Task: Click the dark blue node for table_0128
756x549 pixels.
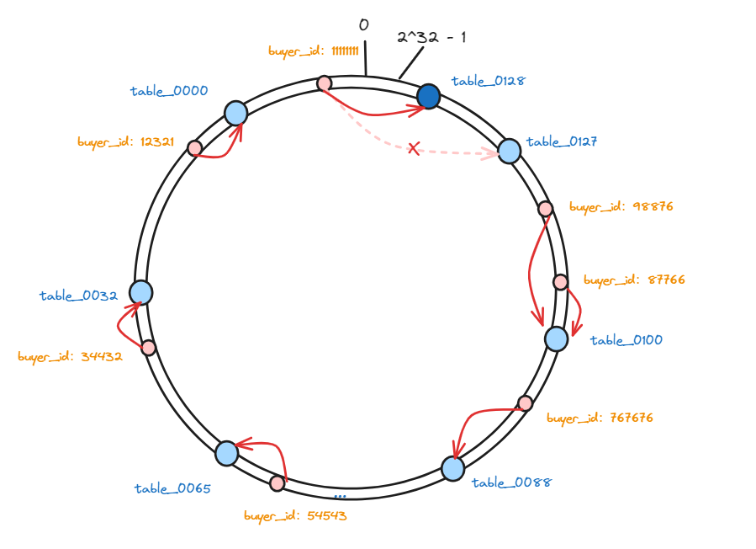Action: tap(429, 96)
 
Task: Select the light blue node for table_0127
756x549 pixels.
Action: tap(509, 151)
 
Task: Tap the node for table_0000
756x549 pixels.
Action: tap(236, 113)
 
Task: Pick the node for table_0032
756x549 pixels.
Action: tap(140, 292)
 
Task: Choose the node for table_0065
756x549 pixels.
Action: tap(226, 453)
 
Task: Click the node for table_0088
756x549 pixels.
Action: tap(452, 468)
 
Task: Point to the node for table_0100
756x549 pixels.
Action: tap(556, 338)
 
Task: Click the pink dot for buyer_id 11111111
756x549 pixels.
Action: tap(324, 83)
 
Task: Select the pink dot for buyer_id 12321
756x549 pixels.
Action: tap(194, 148)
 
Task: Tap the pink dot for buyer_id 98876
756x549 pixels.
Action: tap(545, 208)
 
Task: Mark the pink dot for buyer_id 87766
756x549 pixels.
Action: tap(560, 281)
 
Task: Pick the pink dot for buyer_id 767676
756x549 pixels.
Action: tap(525, 402)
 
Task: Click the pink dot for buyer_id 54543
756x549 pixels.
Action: tap(278, 482)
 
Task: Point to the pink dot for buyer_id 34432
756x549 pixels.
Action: tap(148, 347)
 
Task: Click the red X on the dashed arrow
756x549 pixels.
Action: tap(414, 149)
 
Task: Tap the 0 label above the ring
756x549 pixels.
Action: tap(363, 25)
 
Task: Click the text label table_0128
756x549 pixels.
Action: tap(488, 82)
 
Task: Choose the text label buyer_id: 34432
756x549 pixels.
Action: tap(71, 357)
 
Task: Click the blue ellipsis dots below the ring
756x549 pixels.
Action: tap(340, 497)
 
